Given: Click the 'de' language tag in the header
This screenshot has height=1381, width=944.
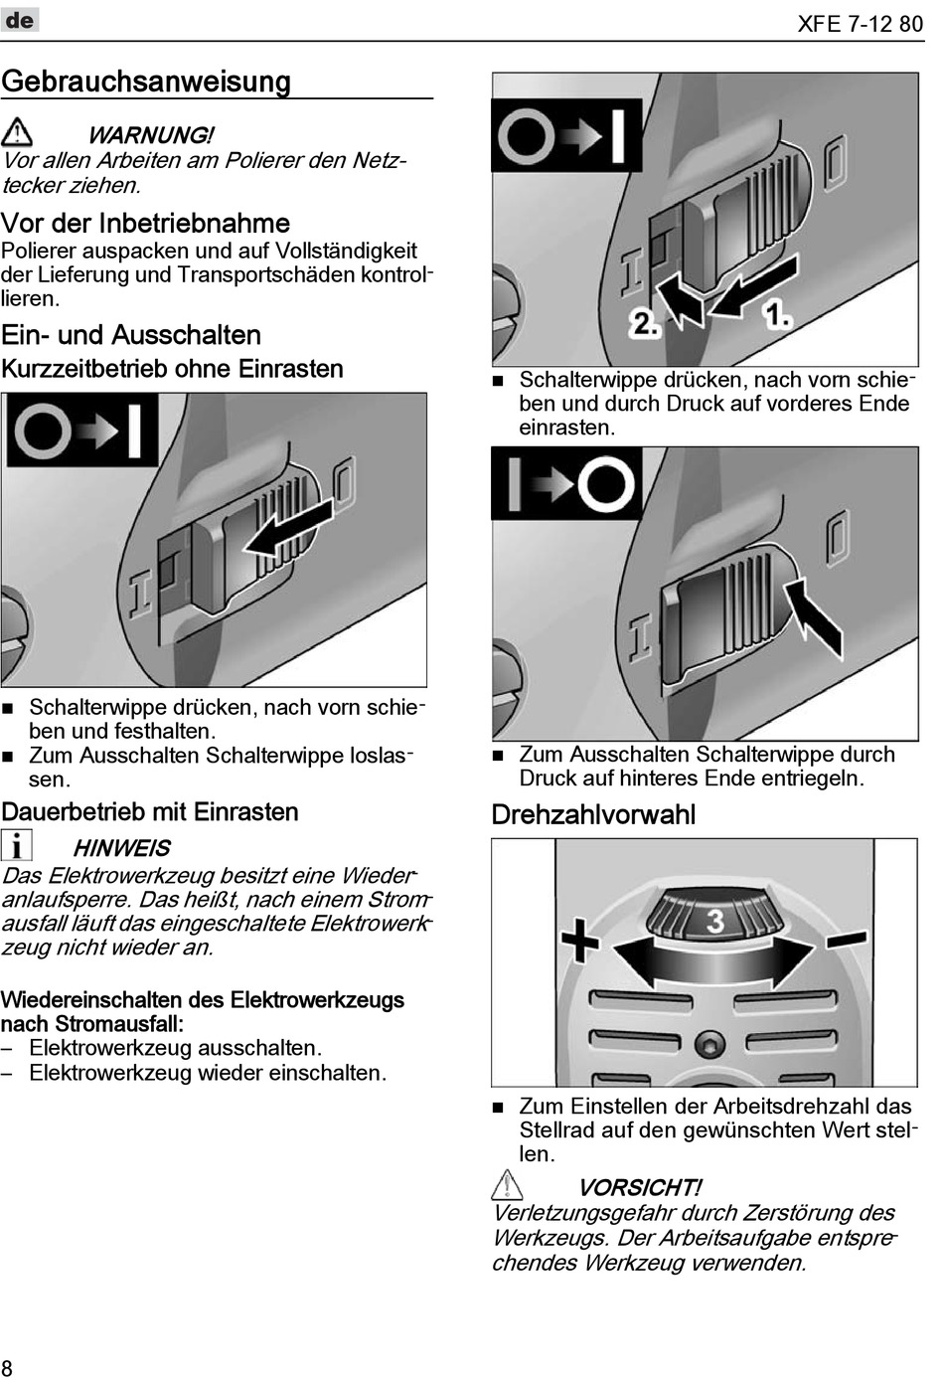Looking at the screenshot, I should (20, 20).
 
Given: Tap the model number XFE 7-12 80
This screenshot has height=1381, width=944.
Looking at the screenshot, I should (860, 24).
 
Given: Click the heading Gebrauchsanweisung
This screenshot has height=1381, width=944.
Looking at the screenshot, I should (146, 82).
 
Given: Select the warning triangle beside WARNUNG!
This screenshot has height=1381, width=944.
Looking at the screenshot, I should (17, 131).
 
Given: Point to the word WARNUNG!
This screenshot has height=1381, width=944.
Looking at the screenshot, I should (150, 135).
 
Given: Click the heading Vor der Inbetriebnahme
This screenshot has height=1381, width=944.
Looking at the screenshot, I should (145, 223).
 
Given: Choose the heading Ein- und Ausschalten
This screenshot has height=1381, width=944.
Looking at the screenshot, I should (131, 335).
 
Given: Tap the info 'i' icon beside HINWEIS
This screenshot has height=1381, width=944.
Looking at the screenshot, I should (16, 845).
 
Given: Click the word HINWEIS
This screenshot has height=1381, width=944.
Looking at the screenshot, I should (121, 848).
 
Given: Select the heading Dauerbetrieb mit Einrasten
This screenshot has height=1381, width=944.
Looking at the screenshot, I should (150, 812).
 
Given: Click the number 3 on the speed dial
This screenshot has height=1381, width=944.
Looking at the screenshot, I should (714, 921).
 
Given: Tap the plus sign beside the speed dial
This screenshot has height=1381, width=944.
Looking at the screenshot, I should (580, 939).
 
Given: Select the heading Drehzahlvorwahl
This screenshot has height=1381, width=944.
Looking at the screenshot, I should (593, 815).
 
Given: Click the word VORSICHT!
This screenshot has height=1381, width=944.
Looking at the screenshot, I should (639, 1188).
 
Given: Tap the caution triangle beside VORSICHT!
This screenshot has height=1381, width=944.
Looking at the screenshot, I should (507, 1185).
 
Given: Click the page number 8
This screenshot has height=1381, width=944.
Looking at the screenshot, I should (8, 1367).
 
